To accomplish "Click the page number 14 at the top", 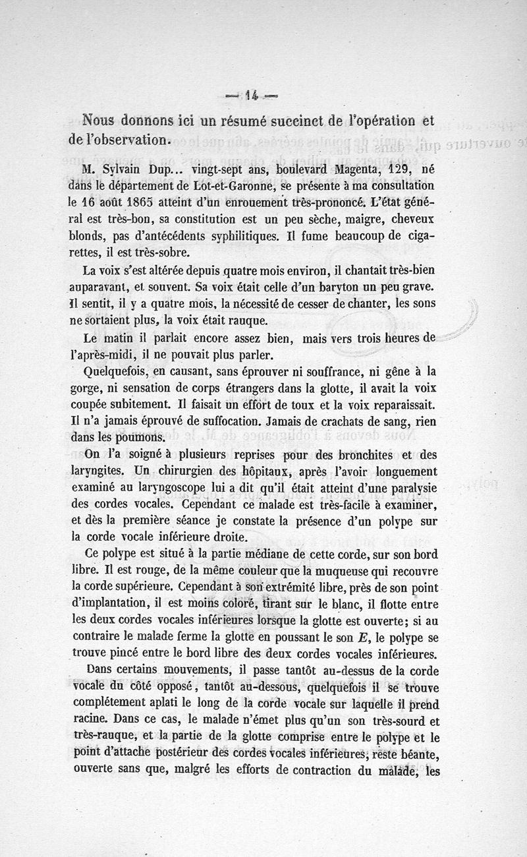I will [x=250, y=95].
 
